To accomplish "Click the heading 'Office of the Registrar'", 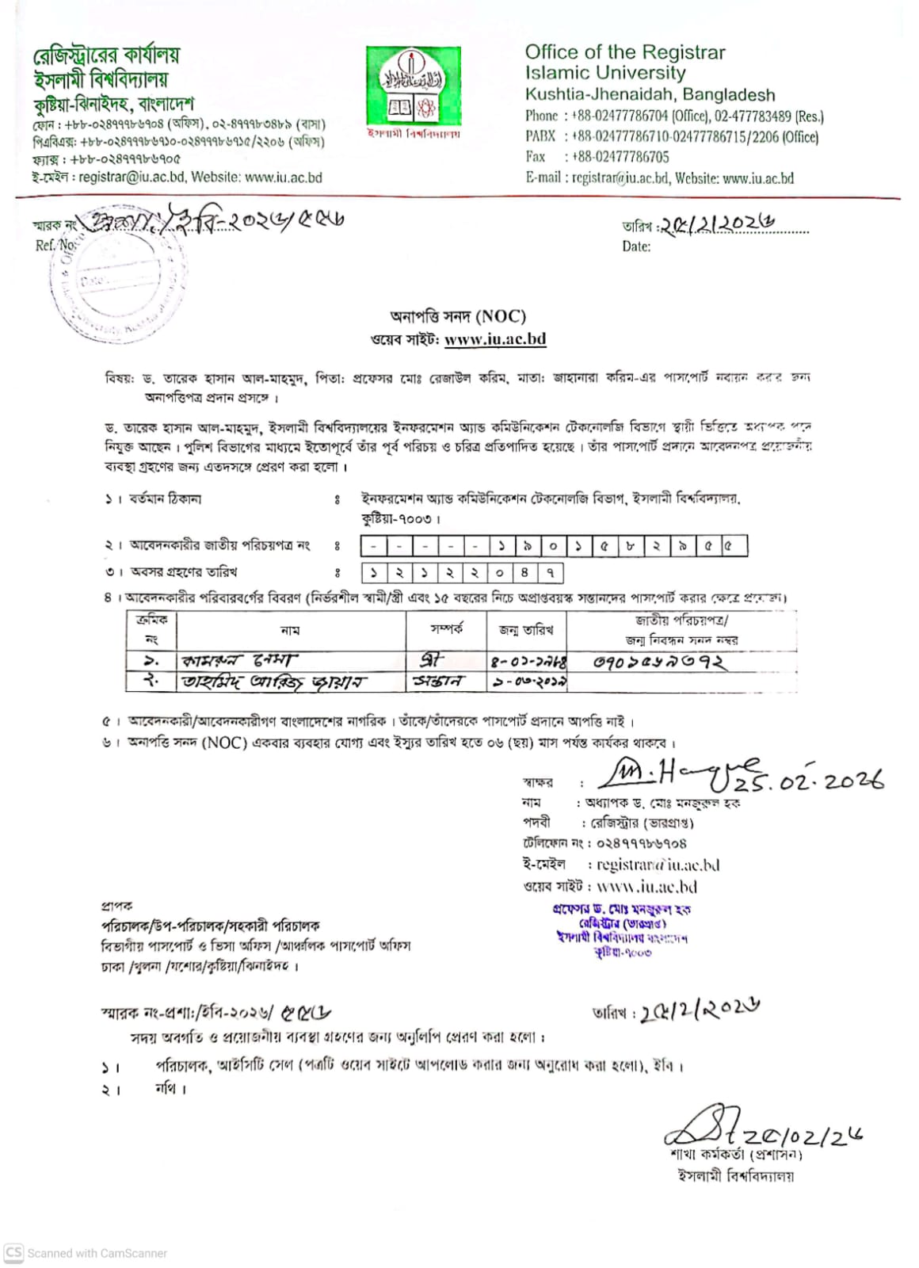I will tap(625, 52).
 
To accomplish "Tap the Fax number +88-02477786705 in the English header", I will tap(620, 157).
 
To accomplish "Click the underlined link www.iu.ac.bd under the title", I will tap(495, 339).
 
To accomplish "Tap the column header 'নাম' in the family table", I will tap(290, 631).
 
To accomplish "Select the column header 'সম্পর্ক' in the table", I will tap(446, 629).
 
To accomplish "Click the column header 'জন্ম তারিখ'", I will tap(526, 630).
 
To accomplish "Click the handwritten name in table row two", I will tap(274, 682).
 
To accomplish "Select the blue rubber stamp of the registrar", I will tap(622, 930).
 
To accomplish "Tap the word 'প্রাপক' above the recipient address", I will tap(117, 905).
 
